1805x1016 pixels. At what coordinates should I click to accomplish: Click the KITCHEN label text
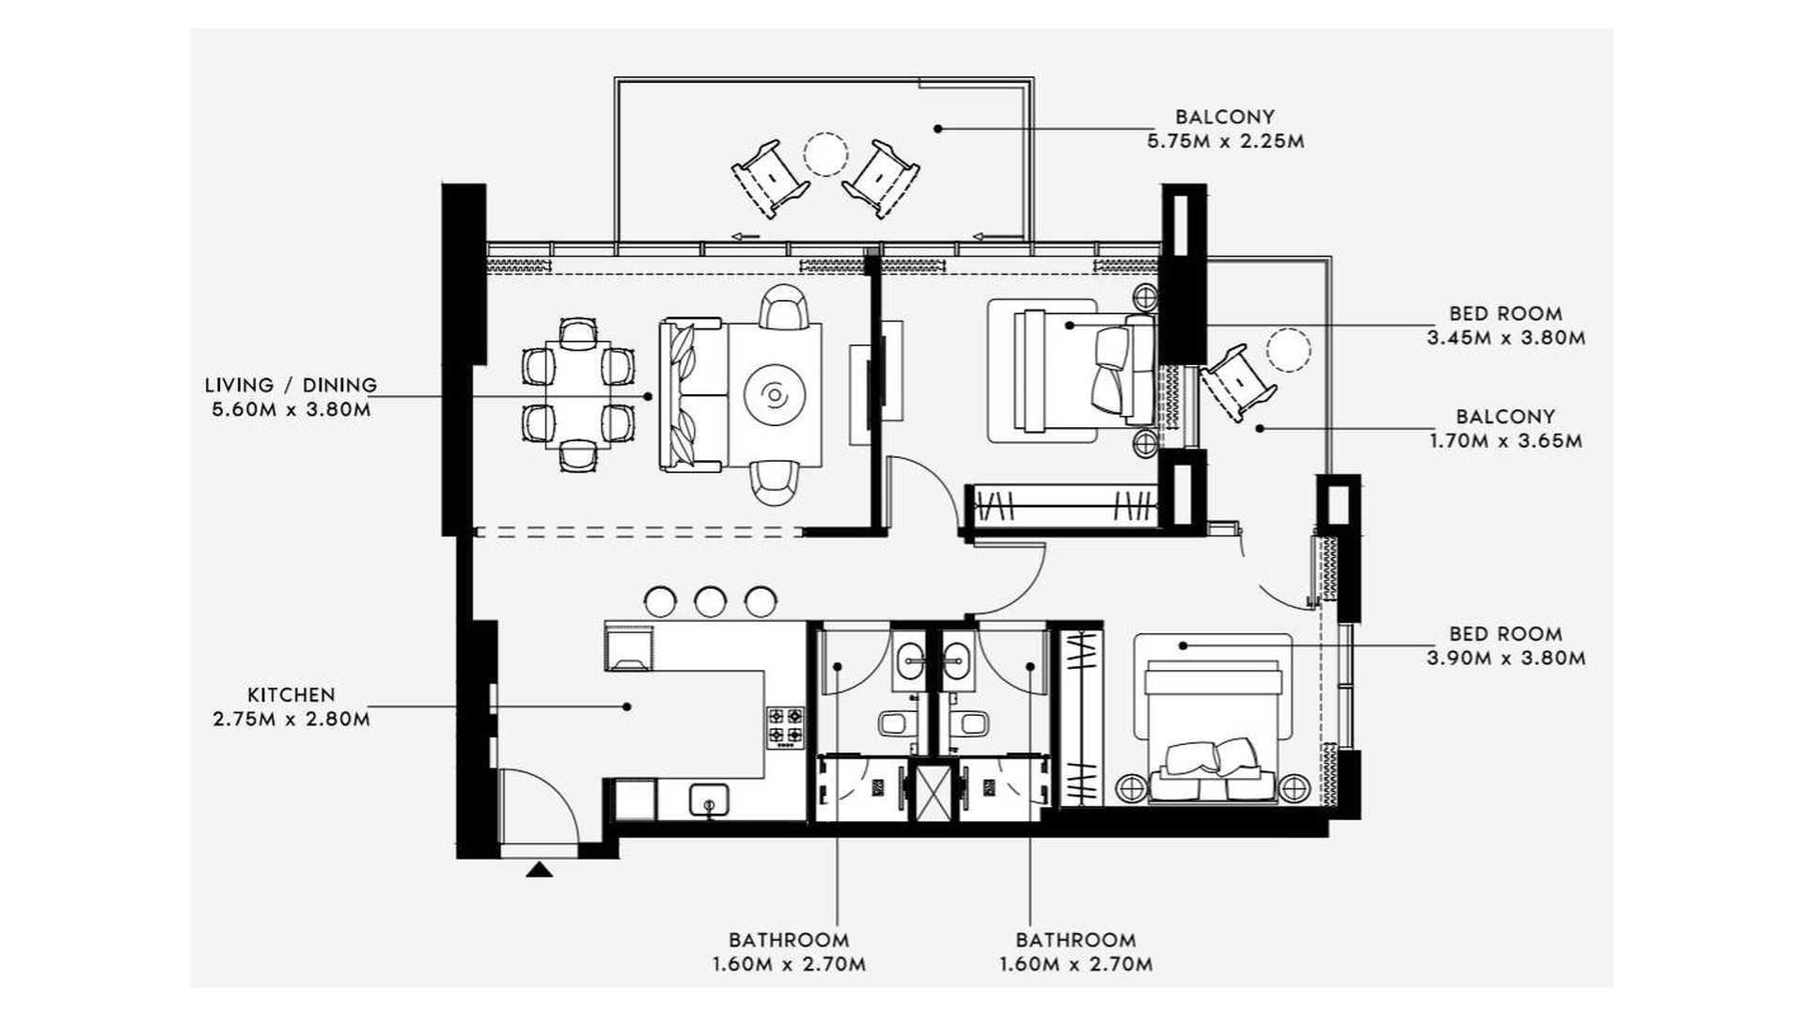[290, 695]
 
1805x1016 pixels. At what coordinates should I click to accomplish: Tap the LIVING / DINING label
[290, 385]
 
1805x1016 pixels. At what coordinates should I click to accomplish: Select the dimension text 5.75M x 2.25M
[1225, 142]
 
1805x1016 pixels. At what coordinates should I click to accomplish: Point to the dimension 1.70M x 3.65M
[1505, 440]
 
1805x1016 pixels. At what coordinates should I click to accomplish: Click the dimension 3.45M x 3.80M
[1505, 338]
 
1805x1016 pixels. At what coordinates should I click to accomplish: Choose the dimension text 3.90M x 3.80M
[1505, 659]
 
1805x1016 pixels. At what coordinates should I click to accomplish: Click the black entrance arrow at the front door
[539, 870]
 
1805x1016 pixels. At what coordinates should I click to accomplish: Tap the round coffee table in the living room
[776, 395]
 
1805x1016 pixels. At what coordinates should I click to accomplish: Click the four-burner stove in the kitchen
[786, 725]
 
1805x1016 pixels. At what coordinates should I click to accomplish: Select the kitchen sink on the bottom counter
[709, 801]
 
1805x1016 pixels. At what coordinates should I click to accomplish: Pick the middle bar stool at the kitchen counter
[710, 601]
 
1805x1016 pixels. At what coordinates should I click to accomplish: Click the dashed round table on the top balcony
[825, 153]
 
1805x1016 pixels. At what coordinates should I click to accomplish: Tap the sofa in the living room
[691, 396]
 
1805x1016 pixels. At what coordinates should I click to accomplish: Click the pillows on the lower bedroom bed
[1211, 757]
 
